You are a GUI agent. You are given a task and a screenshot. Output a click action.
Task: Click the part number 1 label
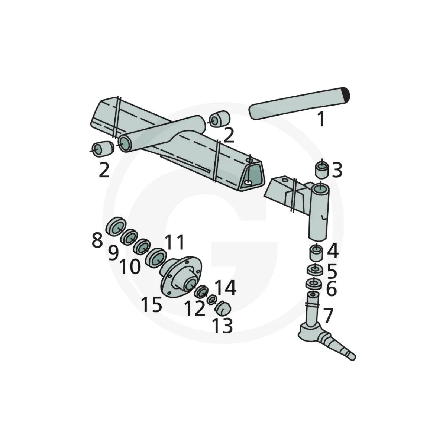321,119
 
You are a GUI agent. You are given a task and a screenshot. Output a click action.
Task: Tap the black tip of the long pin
346,95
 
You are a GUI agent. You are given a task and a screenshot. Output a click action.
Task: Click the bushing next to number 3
321,170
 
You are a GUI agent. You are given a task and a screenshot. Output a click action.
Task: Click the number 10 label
130,266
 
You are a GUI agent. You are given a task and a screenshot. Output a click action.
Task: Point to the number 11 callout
174,242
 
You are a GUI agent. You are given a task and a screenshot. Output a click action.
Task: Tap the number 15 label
151,304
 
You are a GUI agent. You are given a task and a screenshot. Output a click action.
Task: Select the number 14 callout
225,288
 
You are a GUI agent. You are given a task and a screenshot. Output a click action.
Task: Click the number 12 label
195,308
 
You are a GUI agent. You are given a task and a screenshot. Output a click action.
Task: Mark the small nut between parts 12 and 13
212,300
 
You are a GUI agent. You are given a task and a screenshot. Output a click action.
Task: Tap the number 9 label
113,253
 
